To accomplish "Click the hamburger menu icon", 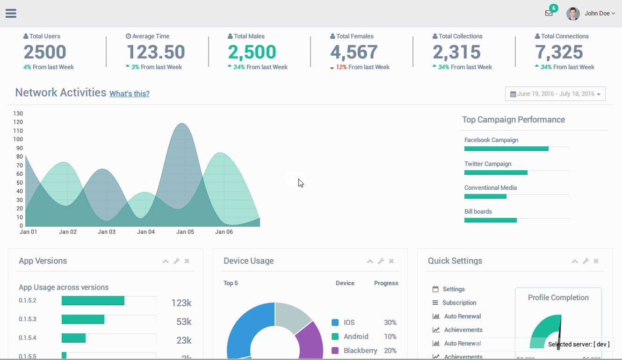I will click(x=11, y=13).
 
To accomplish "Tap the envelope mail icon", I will click(x=549, y=13).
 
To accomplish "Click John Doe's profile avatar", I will click(x=573, y=14).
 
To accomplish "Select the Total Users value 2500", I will click(x=45, y=52).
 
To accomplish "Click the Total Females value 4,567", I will click(x=354, y=52).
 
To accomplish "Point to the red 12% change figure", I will click(x=341, y=67).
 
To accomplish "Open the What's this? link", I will click(x=130, y=94).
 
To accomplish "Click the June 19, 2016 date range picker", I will click(x=555, y=94).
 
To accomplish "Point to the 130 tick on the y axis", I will click(x=18, y=113).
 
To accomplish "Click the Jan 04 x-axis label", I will click(x=146, y=232).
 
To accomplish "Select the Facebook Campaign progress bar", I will click(x=506, y=149).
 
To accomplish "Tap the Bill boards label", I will click(x=478, y=211).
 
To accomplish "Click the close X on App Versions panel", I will click(x=187, y=261).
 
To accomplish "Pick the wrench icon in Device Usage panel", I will click(x=381, y=261).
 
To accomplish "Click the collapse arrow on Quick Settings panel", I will click(x=575, y=261).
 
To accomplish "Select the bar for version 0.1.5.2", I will click(x=93, y=301).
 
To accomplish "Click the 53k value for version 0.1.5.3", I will click(x=184, y=322).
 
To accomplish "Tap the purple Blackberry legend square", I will click(x=335, y=350).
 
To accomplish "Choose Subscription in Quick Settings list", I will click(x=459, y=302).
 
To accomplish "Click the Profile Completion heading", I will click(x=558, y=297).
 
